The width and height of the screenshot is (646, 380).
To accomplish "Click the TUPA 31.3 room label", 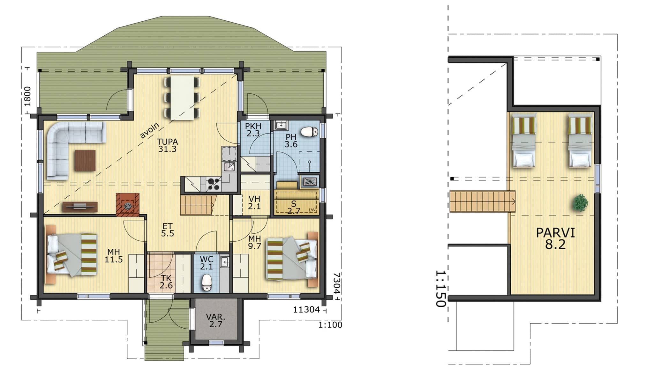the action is (x=167, y=145).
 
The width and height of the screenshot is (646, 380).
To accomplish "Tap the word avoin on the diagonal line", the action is (x=149, y=130).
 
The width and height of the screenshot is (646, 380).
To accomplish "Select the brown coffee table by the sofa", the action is (x=85, y=160).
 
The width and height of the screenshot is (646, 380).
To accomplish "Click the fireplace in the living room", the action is (x=128, y=205).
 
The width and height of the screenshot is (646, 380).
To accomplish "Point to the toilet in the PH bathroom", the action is (x=310, y=132).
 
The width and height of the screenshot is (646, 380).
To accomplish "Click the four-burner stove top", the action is (x=214, y=184).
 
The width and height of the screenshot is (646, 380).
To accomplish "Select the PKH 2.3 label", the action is (x=253, y=130).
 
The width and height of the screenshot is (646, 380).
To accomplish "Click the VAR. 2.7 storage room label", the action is (x=216, y=321).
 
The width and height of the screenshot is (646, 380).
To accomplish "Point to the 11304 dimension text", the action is (x=306, y=309).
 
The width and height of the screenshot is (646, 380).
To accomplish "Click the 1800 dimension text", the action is (x=28, y=96).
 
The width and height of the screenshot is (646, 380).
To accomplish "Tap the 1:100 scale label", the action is (x=330, y=325).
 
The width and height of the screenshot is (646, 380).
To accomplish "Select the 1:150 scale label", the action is (x=440, y=289).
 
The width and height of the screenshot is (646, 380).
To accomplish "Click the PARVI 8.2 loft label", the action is (x=555, y=238).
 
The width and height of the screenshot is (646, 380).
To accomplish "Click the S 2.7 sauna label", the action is (x=294, y=207).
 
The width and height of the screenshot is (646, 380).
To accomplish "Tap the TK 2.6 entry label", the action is (x=166, y=281).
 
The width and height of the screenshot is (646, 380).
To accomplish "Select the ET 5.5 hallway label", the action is (x=167, y=230).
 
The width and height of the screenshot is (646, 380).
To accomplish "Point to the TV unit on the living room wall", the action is (x=80, y=207).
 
